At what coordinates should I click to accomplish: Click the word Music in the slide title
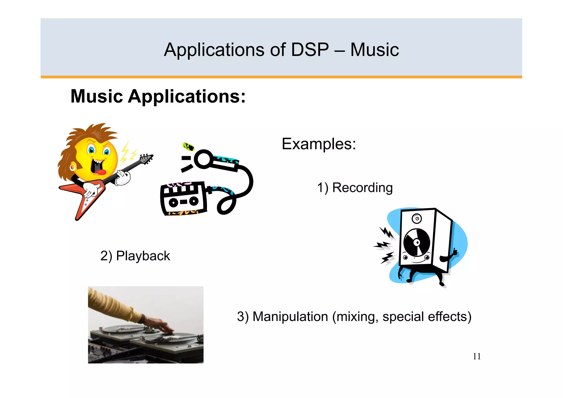tap(374, 50)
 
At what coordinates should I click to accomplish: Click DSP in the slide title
tap(310, 50)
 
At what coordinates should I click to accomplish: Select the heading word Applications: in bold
tap(187, 97)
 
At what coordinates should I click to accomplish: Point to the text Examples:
tap(319, 144)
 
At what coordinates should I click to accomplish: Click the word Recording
tap(362, 188)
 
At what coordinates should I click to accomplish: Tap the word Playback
tap(143, 256)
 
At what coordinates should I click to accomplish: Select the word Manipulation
tap(290, 317)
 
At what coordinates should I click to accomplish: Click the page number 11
tap(477, 356)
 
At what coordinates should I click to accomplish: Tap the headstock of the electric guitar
tap(146, 159)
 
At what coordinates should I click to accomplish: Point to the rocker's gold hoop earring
tap(73, 167)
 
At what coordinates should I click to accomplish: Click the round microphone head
tap(203, 159)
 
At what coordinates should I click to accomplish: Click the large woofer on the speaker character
tap(416, 242)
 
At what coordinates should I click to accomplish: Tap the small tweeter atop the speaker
tap(417, 219)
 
